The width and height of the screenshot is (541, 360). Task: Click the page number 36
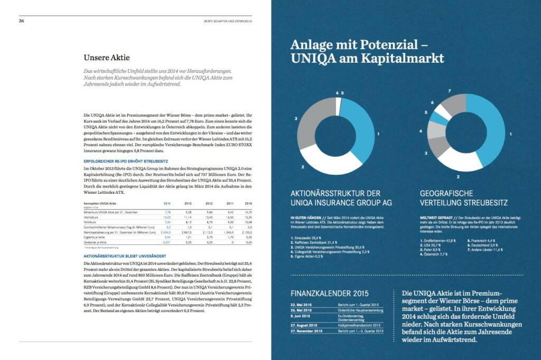click(22, 21)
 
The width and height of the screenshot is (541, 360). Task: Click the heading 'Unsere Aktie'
click(107, 57)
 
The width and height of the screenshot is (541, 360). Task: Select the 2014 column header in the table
click(167, 203)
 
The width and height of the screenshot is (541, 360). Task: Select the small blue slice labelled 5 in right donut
click(438, 112)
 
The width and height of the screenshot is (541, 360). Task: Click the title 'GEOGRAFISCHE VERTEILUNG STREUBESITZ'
click(463, 198)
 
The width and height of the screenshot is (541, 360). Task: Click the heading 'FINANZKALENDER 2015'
click(330, 293)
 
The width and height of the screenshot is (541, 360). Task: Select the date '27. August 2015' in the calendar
click(306, 325)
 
